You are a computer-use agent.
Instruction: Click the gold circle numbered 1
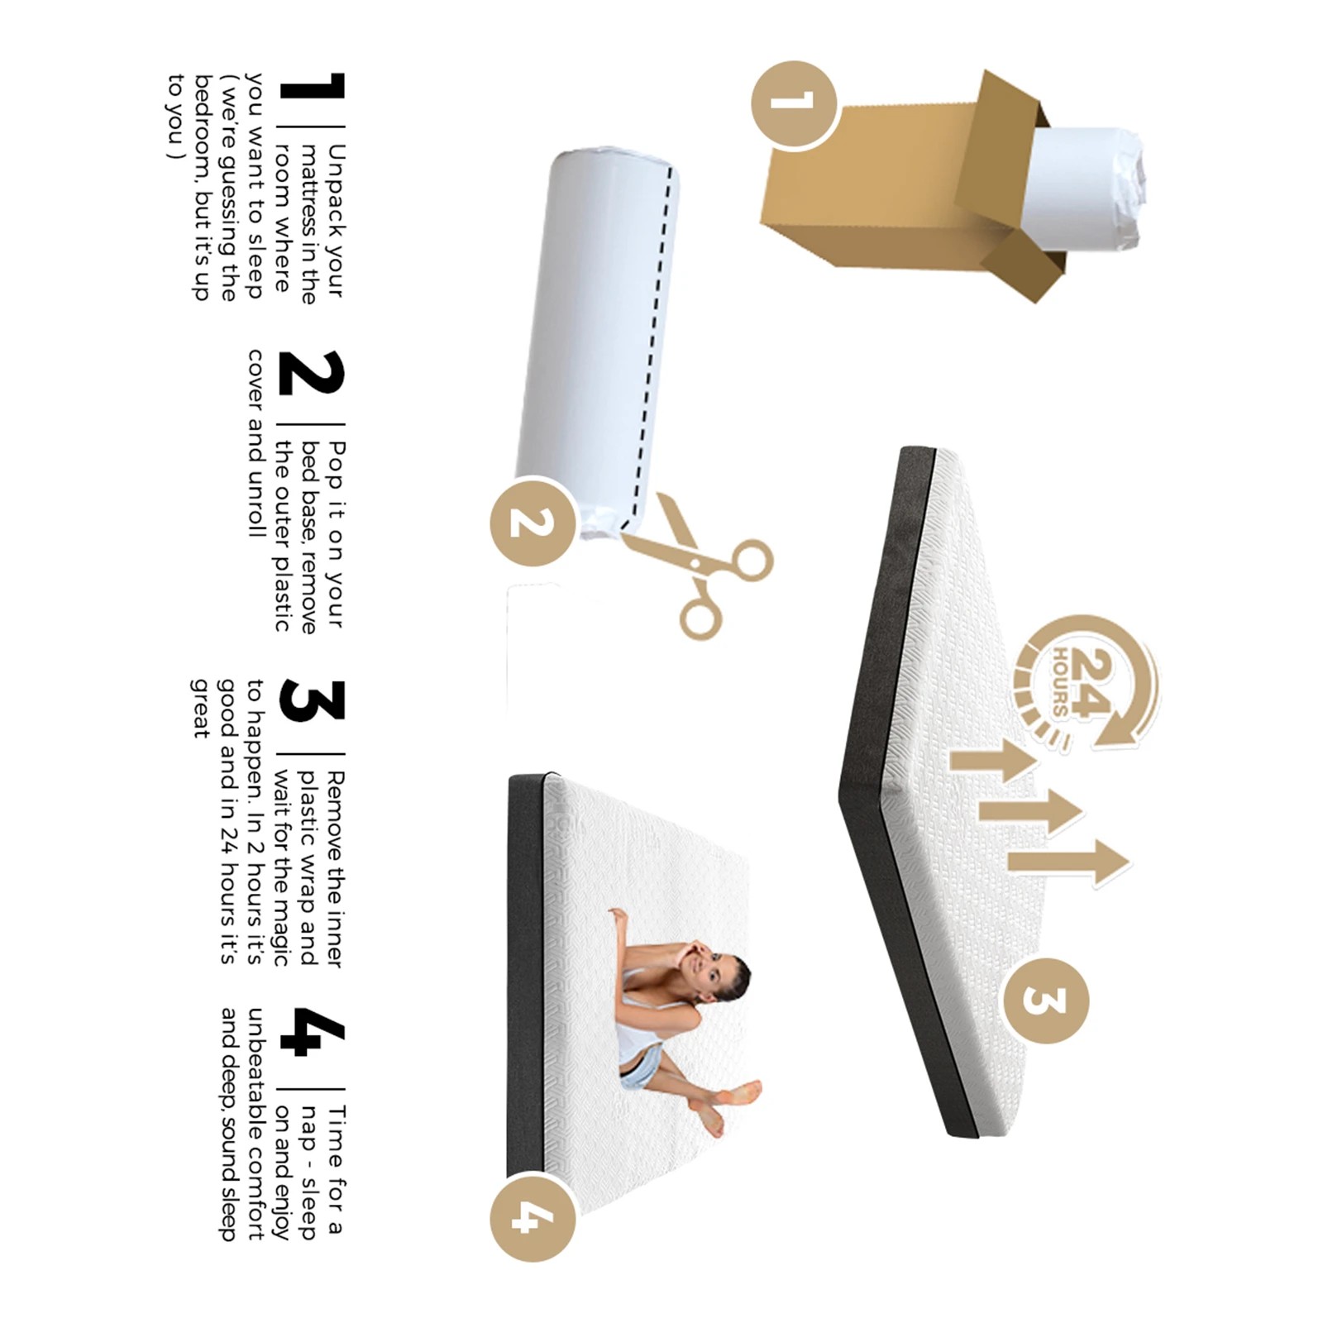[794, 104]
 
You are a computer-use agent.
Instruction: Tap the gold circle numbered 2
[533, 522]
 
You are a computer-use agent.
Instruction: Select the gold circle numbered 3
[1045, 1000]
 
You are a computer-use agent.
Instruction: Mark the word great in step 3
[201, 708]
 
